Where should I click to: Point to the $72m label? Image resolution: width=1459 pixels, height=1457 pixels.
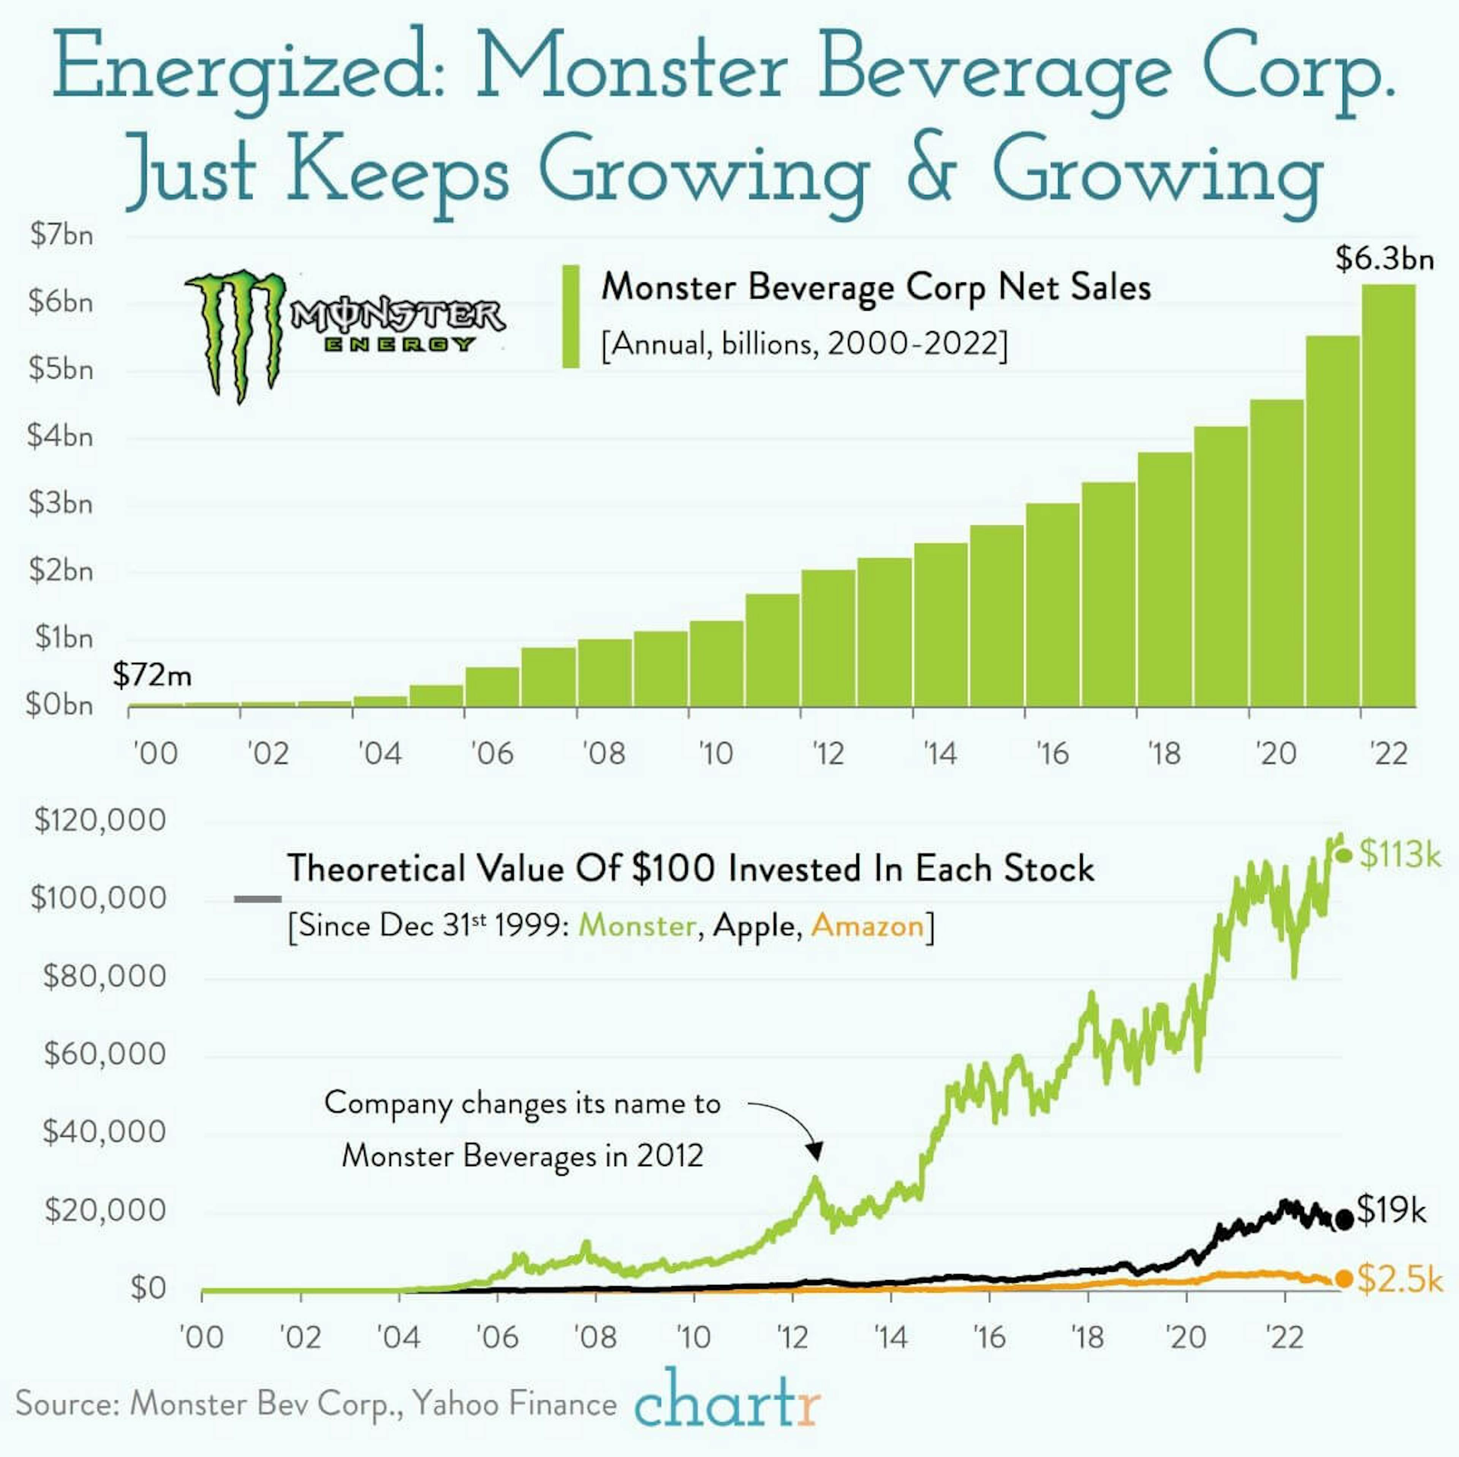[152, 674]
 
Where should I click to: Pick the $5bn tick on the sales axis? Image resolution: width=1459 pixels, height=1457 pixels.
[60, 369]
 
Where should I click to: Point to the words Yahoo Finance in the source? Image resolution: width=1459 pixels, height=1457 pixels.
[515, 1404]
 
